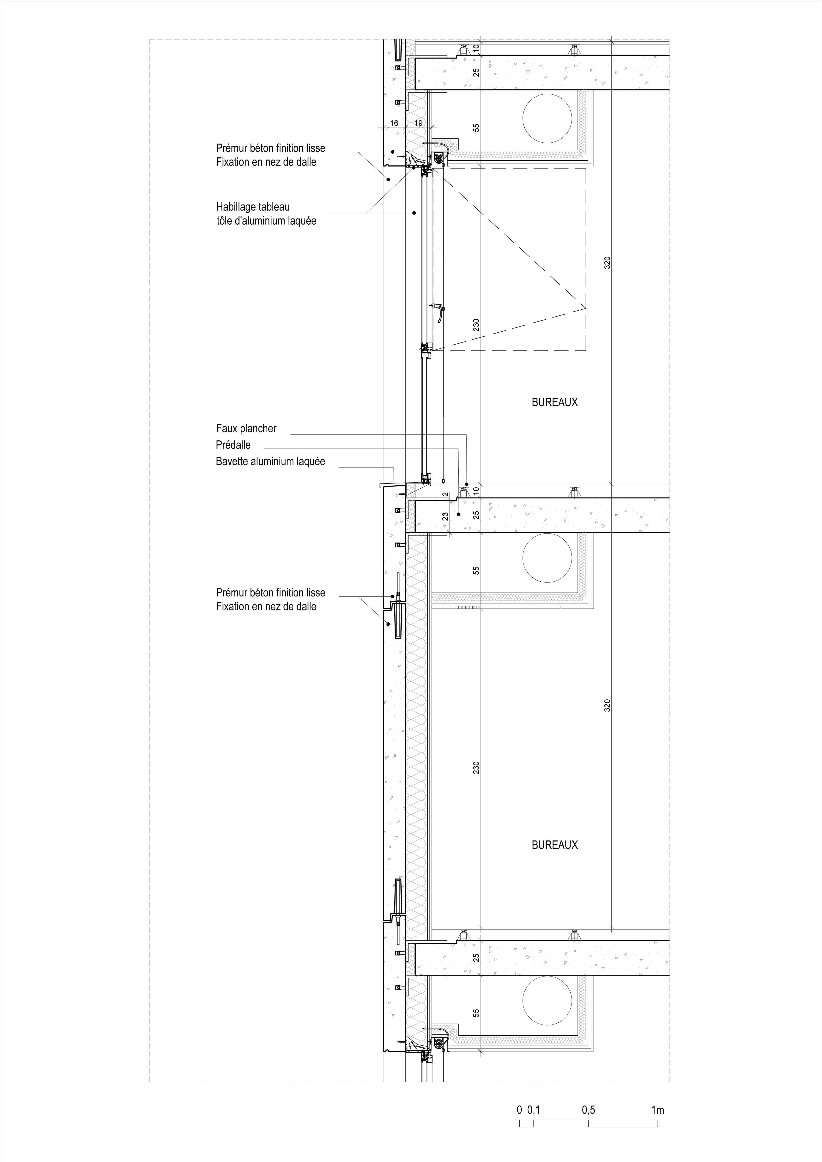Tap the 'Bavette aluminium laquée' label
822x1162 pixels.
point(270,462)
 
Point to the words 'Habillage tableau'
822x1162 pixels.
point(253,207)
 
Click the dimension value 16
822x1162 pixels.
point(394,123)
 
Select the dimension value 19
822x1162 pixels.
point(418,123)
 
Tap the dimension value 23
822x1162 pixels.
point(445,517)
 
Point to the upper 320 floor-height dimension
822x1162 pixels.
point(607,263)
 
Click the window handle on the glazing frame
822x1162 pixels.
point(437,312)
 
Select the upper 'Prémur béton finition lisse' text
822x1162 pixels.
point(270,148)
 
